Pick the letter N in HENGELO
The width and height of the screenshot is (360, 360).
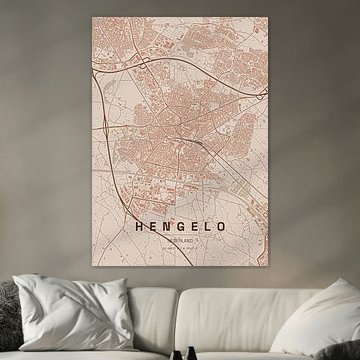(164, 227)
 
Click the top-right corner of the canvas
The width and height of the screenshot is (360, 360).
(268, 15)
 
